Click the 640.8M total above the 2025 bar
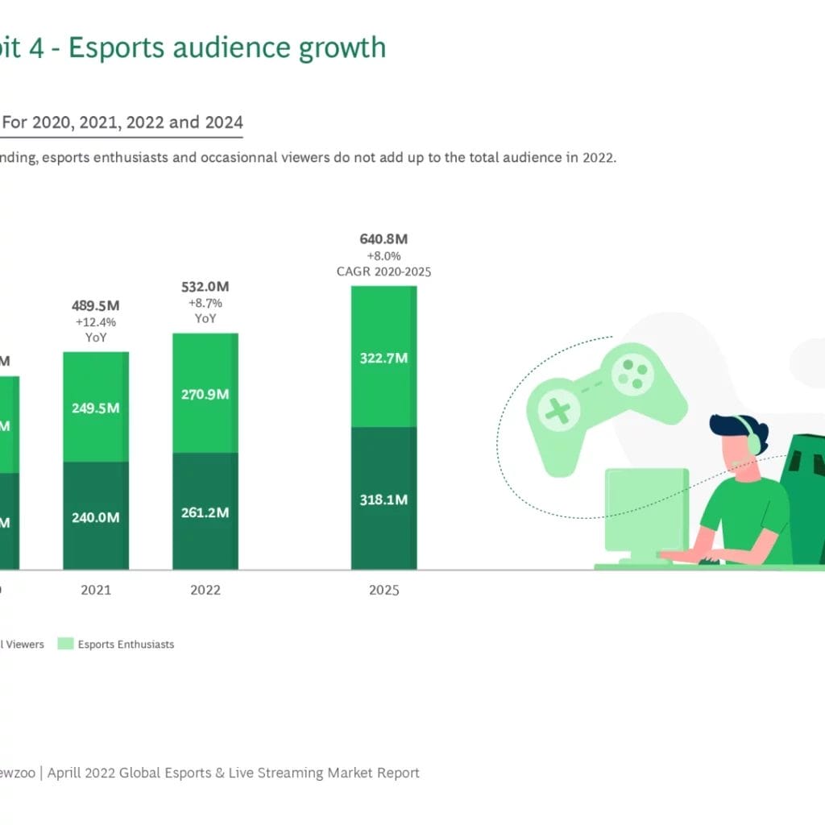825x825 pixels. pyautogui.click(x=383, y=239)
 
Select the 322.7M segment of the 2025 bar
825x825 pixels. pyautogui.click(x=383, y=357)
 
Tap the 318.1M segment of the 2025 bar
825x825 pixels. pyautogui.click(x=383, y=500)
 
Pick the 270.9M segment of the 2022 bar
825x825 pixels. pyautogui.click(x=205, y=394)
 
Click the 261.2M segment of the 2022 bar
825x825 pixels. pyautogui.click(x=205, y=512)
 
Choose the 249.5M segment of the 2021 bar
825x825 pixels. pyautogui.click(x=96, y=408)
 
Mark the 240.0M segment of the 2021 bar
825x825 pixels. pyautogui.click(x=96, y=517)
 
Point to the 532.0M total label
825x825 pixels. pyautogui.click(x=205, y=288)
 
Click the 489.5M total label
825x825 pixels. pyautogui.click(x=96, y=306)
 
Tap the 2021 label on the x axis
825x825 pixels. pyautogui.click(x=96, y=591)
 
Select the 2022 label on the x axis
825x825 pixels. pyautogui.click(x=205, y=591)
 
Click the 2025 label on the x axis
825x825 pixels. pyautogui.click(x=383, y=591)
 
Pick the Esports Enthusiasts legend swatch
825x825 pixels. pyautogui.click(x=65, y=644)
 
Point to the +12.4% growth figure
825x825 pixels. pyautogui.click(x=96, y=322)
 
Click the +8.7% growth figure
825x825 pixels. pyautogui.click(x=205, y=304)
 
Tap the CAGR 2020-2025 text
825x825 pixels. pyautogui.click(x=383, y=272)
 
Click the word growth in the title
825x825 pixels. pyautogui.click(x=342, y=48)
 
